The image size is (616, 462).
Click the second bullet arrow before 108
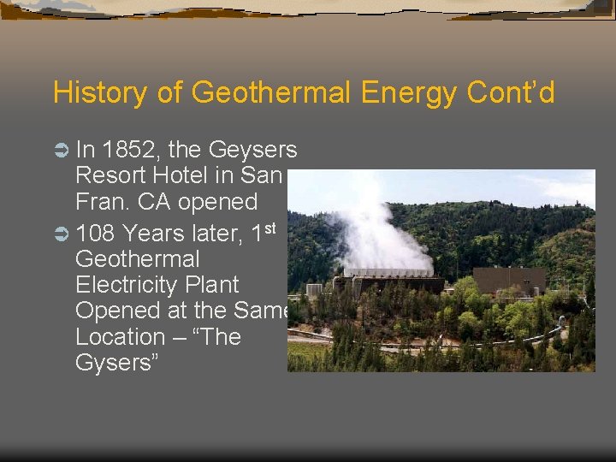tap(61, 234)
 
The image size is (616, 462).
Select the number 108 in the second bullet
tap(97, 233)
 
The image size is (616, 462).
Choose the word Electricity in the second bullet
tap(157, 284)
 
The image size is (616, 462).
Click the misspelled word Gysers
tap(111, 363)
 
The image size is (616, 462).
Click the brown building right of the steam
tap(509, 280)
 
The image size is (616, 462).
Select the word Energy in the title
tap(404, 92)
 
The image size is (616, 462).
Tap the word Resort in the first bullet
tap(112, 176)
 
